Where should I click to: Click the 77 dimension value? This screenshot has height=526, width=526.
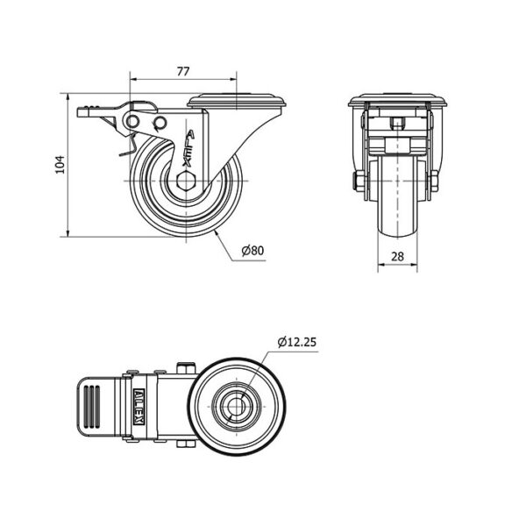(x=183, y=71)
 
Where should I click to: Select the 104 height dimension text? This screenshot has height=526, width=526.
(x=60, y=165)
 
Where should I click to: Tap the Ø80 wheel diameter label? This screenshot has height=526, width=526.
(x=253, y=250)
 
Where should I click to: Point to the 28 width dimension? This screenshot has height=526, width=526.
(x=397, y=257)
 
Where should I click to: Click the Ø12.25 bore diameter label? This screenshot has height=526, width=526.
(x=297, y=342)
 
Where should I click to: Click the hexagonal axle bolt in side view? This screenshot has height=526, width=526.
(x=185, y=181)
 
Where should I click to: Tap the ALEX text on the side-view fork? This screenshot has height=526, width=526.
(x=188, y=148)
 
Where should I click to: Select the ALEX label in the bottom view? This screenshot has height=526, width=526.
(x=139, y=407)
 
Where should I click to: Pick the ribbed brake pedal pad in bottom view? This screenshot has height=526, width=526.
(x=92, y=407)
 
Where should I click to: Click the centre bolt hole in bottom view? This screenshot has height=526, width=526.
(x=237, y=407)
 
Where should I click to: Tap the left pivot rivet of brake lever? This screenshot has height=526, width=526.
(x=132, y=121)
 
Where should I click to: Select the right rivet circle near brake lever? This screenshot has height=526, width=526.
(x=160, y=122)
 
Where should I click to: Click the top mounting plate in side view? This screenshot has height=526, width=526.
(x=237, y=101)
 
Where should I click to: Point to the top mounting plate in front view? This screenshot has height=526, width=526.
(x=397, y=100)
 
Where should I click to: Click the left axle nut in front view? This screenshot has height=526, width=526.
(x=360, y=181)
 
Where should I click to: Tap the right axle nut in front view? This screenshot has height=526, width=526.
(x=434, y=181)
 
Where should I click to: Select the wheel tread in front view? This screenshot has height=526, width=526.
(x=397, y=198)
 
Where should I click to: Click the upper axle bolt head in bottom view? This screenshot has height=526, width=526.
(x=186, y=368)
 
